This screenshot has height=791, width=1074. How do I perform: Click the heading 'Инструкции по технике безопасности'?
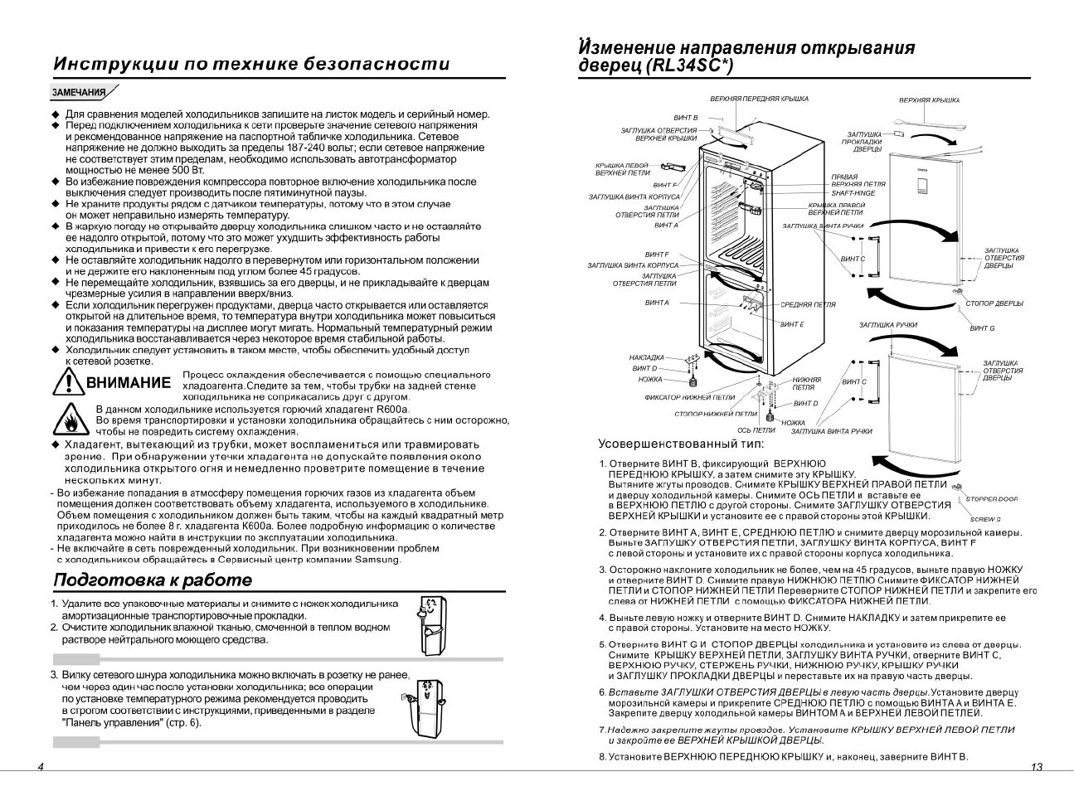point(251,65)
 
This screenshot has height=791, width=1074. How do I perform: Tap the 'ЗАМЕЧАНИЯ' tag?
point(80,93)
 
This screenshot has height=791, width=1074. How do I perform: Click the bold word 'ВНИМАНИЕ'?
point(129,383)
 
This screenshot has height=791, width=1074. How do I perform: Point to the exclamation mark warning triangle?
point(66,381)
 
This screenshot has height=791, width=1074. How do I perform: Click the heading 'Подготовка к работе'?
point(152,580)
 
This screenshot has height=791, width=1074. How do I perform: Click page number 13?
point(1036,767)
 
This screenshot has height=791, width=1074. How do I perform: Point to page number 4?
point(41,767)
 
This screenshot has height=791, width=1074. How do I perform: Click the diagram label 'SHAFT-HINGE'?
point(853,192)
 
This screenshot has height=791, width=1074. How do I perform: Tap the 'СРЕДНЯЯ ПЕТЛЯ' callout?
point(808,305)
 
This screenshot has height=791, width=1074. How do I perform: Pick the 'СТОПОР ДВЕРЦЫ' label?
point(994,303)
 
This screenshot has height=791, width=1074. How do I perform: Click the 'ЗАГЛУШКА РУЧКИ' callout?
point(887,325)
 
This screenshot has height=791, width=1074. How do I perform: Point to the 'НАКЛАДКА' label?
point(646,357)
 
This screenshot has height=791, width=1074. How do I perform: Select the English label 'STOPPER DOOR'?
point(991,499)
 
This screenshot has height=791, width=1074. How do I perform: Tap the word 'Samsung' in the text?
point(378,560)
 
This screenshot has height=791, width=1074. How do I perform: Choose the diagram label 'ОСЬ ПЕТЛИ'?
point(756,430)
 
